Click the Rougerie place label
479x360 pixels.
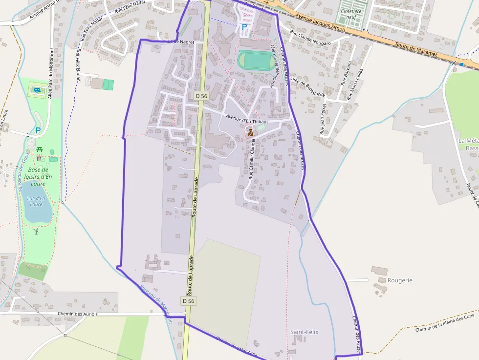[400, 280]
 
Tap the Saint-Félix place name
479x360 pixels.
[304, 332]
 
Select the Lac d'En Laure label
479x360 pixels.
[36, 201]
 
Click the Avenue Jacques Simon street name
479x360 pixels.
[320, 23]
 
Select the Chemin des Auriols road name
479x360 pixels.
[78, 314]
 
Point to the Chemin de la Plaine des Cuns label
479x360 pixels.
[444, 322]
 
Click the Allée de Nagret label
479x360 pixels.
[178, 42]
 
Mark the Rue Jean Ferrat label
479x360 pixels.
[323, 118]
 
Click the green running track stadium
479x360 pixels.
[255, 61]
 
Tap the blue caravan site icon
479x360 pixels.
[37, 90]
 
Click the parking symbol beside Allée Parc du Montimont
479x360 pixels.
[38, 130]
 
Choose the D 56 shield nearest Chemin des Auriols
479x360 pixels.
[188, 301]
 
